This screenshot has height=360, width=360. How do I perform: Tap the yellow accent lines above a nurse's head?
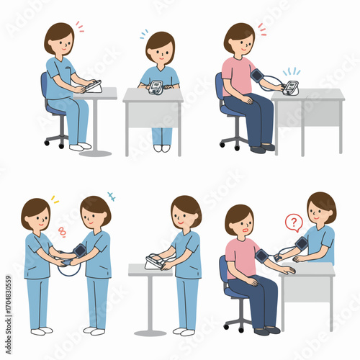tap(54, 199)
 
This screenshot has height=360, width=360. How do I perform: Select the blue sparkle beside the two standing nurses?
tap(111, 195)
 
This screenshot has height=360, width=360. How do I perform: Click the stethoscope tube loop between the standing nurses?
tap(68, 268)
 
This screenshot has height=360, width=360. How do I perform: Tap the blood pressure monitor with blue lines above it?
tap(290, 88)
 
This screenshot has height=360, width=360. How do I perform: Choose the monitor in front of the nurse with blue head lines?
tap(156, 88)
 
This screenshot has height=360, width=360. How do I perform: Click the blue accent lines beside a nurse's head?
tap(144, 33)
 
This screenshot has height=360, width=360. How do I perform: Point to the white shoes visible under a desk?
tap(161, 148)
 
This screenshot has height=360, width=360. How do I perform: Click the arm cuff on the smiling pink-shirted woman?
tap(257, 76)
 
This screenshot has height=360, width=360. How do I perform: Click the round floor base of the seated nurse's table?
tap(95, 153)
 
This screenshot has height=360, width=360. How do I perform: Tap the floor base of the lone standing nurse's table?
tap(150, 333)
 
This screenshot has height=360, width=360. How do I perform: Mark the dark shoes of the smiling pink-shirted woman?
tap(263, 148)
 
